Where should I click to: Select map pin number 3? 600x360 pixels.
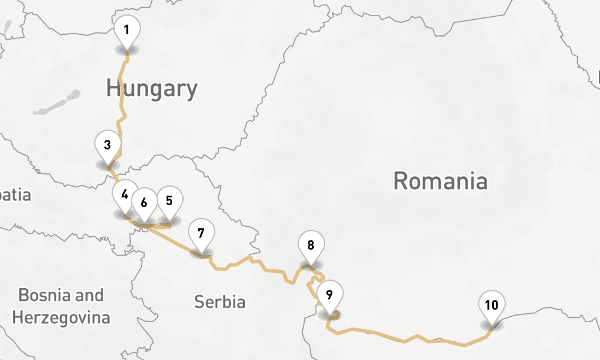(107, 146)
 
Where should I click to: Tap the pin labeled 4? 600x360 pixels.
(124, 196)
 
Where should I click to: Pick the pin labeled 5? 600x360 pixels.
(169, 202)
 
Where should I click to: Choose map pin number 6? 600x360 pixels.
(144, 203)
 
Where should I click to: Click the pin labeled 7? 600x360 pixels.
(201, 234)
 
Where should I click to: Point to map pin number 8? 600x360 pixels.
(311, 246)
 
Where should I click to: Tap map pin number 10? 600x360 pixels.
(491, 306)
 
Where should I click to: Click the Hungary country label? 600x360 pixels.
(152, 89)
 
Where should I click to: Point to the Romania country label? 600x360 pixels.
(440, 181)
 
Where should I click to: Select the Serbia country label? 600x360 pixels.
(220, 302)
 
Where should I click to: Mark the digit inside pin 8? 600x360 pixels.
(311, 245)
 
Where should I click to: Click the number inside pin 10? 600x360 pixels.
(491, 305)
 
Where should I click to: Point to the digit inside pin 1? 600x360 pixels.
(127, 29)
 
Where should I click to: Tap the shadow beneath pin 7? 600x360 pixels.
(201, 254)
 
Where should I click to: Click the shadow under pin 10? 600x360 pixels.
(491, 326)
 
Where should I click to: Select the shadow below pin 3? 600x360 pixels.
(107, 165)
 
